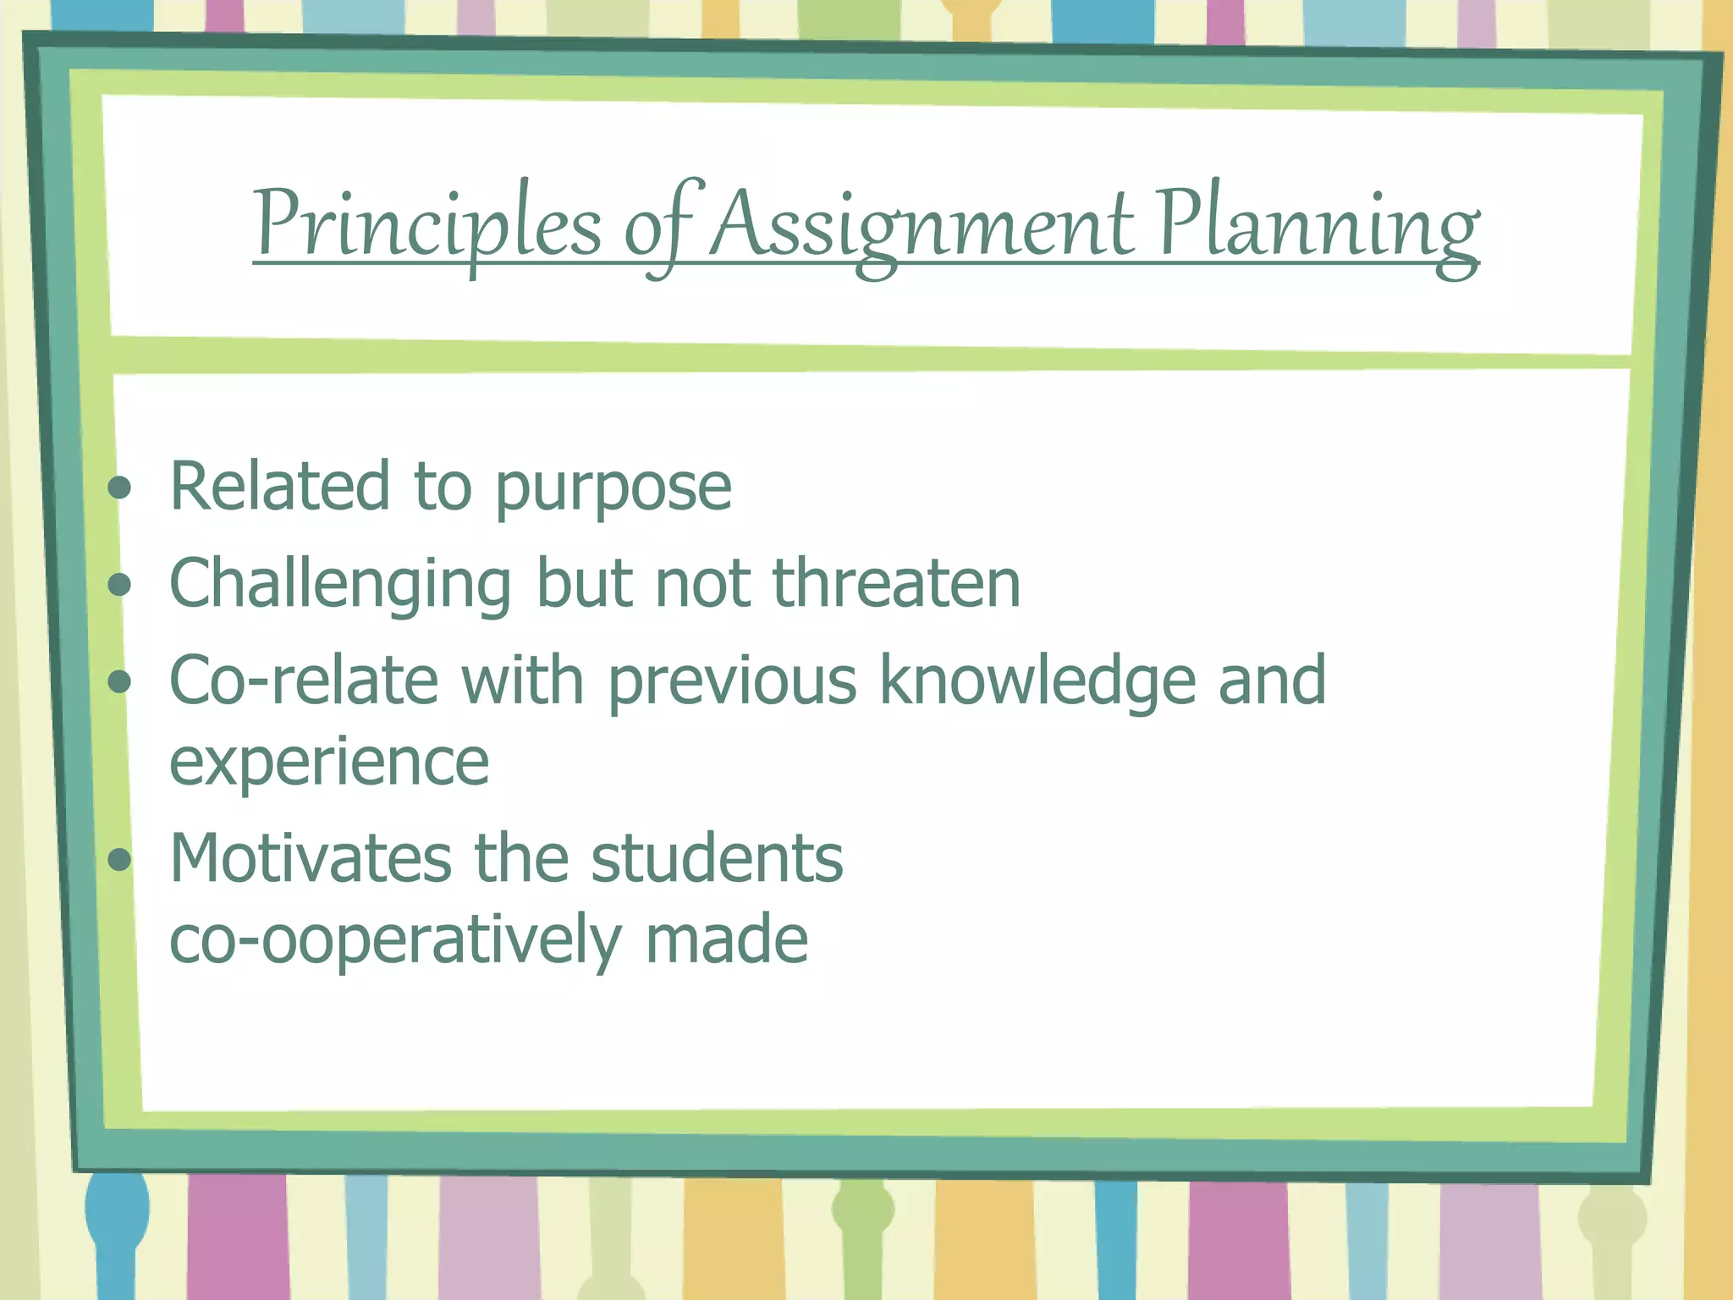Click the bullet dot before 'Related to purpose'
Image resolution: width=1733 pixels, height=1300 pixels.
121,487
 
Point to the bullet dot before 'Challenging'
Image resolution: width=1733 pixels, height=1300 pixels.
121,584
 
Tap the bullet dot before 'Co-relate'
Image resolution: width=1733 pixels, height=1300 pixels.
121,681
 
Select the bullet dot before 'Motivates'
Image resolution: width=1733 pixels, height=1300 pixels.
121,860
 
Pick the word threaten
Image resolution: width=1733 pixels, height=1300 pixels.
896,584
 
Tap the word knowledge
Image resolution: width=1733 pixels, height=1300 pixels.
1037,681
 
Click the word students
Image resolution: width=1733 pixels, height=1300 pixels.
717,859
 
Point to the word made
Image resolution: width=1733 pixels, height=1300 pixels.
726,939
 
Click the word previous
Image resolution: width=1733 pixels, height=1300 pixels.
732,681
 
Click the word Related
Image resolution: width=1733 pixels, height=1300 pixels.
279,487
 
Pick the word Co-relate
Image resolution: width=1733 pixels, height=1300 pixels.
304,681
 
